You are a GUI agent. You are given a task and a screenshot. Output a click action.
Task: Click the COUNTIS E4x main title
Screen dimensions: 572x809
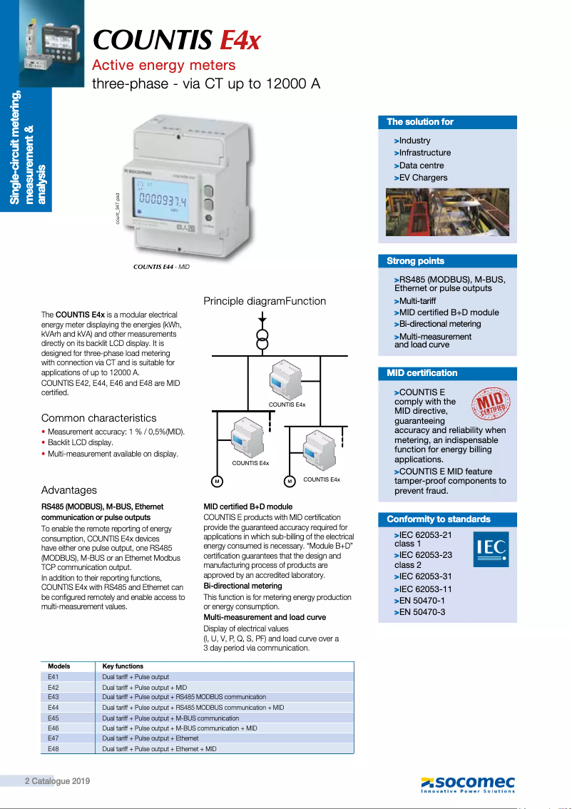(177, 40)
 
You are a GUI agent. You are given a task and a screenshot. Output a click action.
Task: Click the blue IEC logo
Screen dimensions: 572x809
(491, 549)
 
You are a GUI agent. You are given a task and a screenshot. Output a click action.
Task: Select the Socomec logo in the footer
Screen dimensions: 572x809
(468, 783)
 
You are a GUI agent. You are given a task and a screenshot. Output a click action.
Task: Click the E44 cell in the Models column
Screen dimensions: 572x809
(53, 707)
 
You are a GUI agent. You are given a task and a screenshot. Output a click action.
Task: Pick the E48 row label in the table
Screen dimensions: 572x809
(53, 749)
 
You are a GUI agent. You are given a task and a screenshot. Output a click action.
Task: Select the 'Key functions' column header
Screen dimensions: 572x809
(123, 666)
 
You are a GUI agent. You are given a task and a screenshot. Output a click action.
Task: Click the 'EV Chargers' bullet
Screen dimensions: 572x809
(423, 178)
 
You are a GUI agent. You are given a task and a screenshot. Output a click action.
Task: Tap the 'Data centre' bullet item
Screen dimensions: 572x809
(421, 166)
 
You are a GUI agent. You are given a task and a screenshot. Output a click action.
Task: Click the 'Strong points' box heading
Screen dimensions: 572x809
(415, 261)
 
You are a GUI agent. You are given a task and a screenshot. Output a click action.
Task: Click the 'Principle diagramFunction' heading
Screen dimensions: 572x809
(265, 301)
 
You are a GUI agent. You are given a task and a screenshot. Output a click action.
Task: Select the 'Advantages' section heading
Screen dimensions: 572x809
(69, 490)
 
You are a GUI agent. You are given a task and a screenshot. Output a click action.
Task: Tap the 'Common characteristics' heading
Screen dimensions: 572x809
(98, 418)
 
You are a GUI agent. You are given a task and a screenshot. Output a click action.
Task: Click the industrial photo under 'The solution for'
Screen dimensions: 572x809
(447, 212)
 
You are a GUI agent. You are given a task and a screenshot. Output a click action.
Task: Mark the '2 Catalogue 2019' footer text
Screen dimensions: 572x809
(58, 781)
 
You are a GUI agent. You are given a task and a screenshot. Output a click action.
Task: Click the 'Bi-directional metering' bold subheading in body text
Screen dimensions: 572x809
(242, 586)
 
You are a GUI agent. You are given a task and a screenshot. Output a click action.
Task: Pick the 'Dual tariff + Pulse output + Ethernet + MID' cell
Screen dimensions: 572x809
(159, 749)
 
